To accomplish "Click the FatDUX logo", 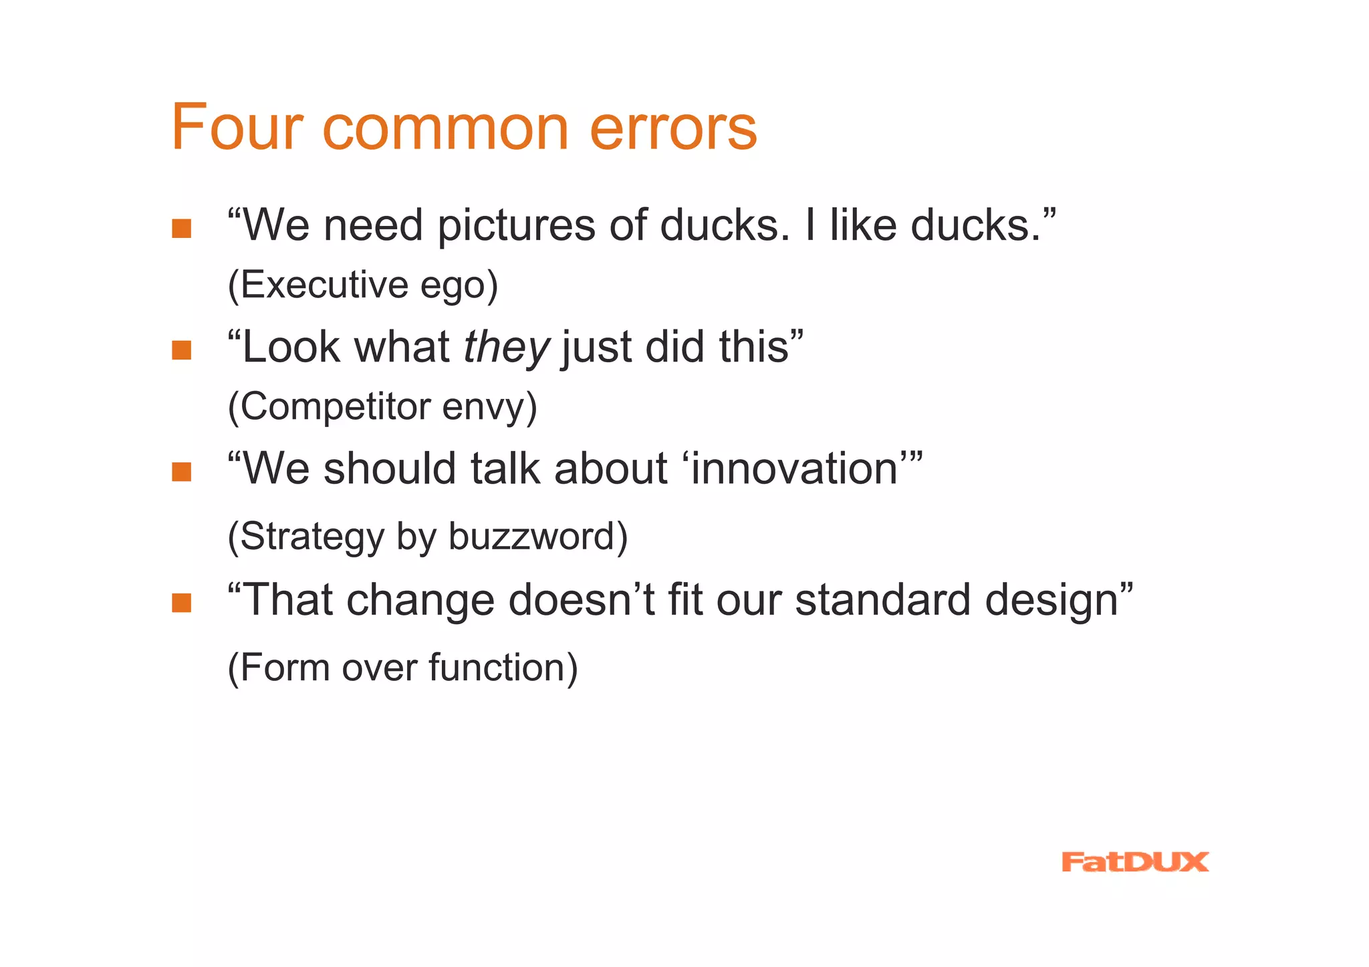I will [x=1134, y=862].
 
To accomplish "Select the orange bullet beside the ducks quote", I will [x=181, y=229].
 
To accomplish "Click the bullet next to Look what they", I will [x=181, y=350].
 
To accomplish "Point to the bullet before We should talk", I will [x=181, y=472].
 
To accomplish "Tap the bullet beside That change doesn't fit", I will [x=181, y=603].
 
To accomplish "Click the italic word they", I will [x=506, y=349].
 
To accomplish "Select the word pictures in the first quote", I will [x=515, y=226].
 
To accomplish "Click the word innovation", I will [x=795, y=468].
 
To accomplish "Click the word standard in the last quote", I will [x=882, y=599].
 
